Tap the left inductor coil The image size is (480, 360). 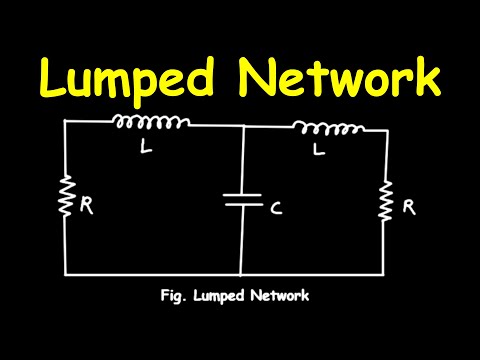pos(150,123)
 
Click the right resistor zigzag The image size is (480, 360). pos(386,203)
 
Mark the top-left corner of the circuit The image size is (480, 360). pos(66,120)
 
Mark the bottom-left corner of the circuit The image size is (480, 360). pos(66,273)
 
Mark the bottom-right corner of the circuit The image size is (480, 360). pos(386,273)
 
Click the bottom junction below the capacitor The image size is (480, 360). pos(242,273)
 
